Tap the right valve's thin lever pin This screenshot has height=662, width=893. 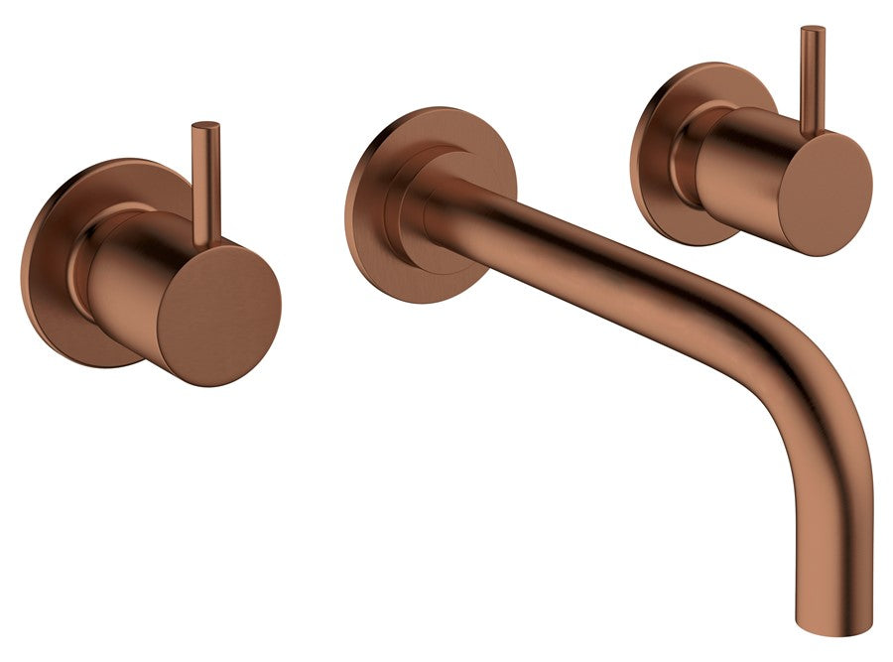(813, 79)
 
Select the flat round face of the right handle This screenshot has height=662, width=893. (825, 194)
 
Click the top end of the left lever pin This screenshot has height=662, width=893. (205, 126)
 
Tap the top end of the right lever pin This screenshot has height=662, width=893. (813, 30)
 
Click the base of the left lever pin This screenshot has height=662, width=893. (207, 238)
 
